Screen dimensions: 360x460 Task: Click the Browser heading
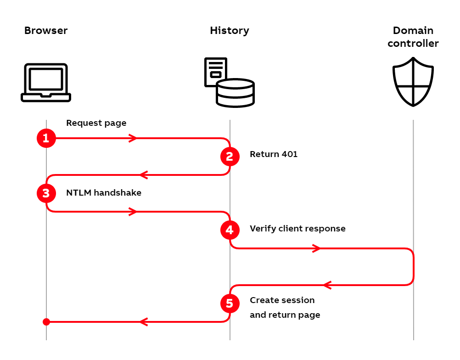point(46,31)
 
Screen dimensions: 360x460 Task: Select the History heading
point(230,31)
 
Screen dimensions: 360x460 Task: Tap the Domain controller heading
point(413,37)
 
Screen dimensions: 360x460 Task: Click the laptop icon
point(46,83)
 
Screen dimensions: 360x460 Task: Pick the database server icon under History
point(230,83)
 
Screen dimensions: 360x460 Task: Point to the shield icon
point(413,82)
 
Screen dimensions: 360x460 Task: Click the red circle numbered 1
point(46,138)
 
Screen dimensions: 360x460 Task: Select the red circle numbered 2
point(230,157)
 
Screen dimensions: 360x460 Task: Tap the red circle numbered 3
point(46,193)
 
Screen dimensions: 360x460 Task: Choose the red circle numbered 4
point(230,230)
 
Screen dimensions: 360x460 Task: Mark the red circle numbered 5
point(230,304)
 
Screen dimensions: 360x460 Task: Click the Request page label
point(96,123)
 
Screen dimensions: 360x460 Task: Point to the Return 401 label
point(274,154)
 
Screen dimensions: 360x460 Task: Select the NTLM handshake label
point(104,193)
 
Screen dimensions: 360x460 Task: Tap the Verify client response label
point(297,228)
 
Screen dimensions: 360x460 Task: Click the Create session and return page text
point(285,307)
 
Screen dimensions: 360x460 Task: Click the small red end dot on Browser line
point(46,322)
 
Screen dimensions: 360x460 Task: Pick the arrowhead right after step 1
point(133,138)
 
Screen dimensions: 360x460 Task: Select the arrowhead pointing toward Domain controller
point(316,248)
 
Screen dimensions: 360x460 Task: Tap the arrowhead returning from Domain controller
point(327,285)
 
